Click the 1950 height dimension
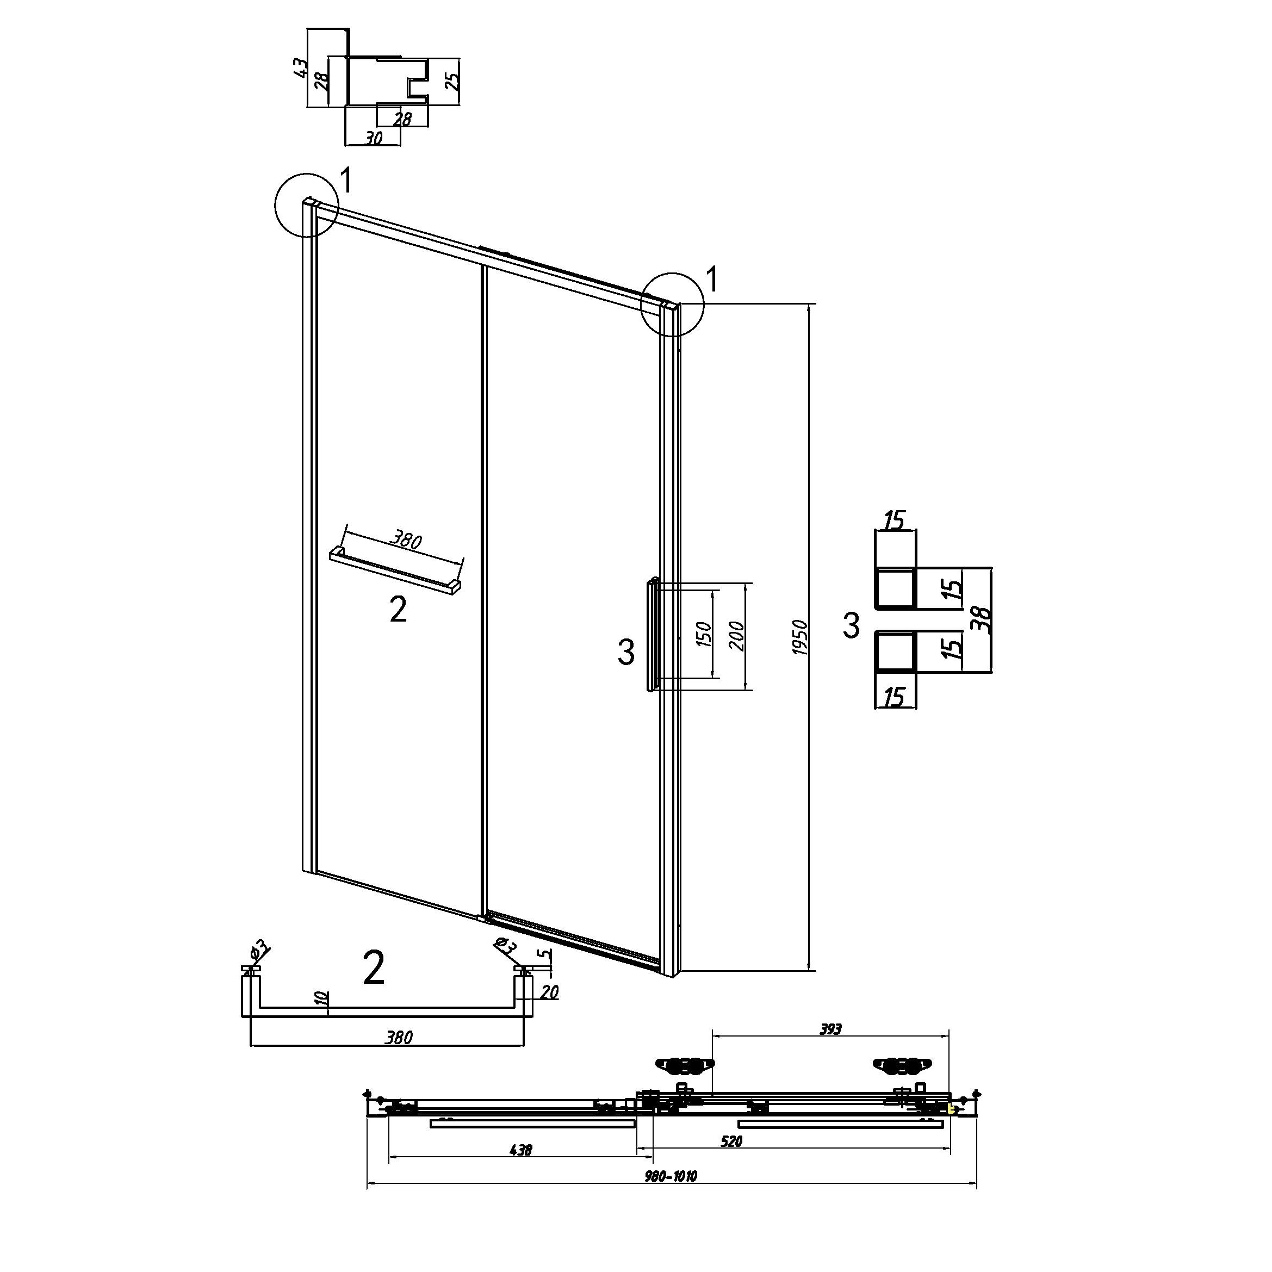point(800,637)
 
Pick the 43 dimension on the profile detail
point(300,67)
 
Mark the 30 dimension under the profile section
point(373,138)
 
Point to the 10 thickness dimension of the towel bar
point(321,1016)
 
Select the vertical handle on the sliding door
point(653,634)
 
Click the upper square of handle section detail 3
point(895,588)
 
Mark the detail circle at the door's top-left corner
point(306,205)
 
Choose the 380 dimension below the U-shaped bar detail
point(398,1038)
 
